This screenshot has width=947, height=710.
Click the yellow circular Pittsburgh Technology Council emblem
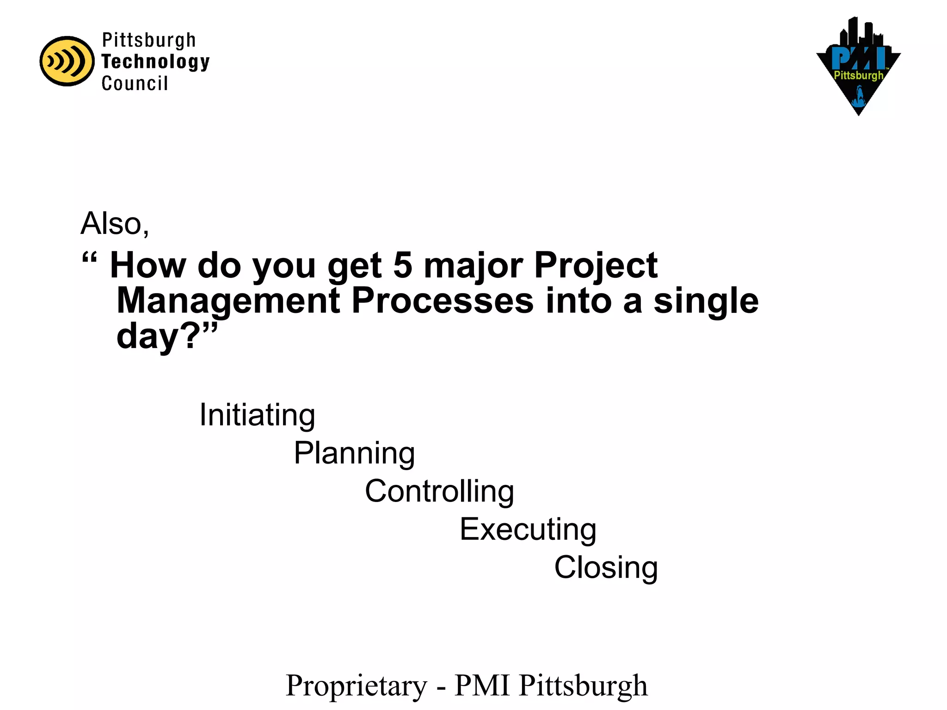tap(67, 61)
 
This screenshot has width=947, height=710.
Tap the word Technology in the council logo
tap(155, 61)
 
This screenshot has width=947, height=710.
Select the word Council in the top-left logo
tap(135, 84)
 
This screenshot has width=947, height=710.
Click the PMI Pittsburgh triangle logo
tap(858, 67)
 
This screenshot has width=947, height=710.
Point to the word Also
tap(115, 224)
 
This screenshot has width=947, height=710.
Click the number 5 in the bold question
tap(402, 266)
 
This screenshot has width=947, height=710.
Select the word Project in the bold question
tap(596, 266)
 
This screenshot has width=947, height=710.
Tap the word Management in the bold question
tap(228, 301)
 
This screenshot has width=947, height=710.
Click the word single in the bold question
tap(706, 301)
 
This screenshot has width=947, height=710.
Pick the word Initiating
tap(257, 415)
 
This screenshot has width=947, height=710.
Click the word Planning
tap(354, 453)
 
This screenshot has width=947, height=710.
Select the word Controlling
tap(439, 491)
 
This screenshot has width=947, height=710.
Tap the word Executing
tap(528, 530)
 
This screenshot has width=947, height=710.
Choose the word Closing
tap(606, 568)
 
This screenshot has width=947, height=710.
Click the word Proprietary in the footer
tap(357, 686)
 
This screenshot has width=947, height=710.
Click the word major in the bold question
tap(473, 266)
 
